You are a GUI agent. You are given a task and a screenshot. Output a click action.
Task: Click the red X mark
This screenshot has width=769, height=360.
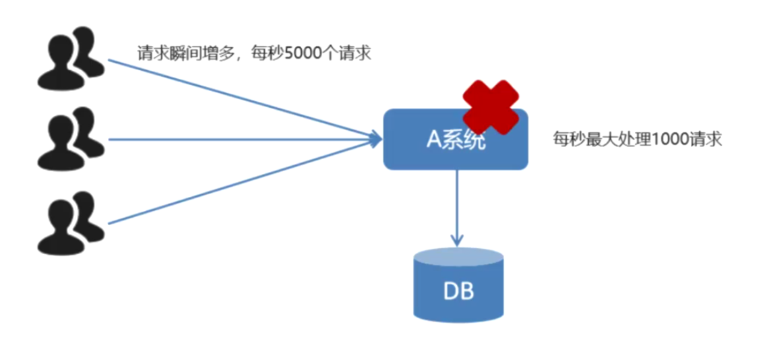point(491,107)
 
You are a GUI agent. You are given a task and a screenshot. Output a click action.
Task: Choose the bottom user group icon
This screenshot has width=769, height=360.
point(70,223)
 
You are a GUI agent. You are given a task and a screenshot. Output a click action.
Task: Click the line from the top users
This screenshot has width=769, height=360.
point(236,98)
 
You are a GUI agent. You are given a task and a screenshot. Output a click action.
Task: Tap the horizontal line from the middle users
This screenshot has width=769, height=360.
point(236,140)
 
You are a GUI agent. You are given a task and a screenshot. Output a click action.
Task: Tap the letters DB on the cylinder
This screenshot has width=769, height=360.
point(458,292)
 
